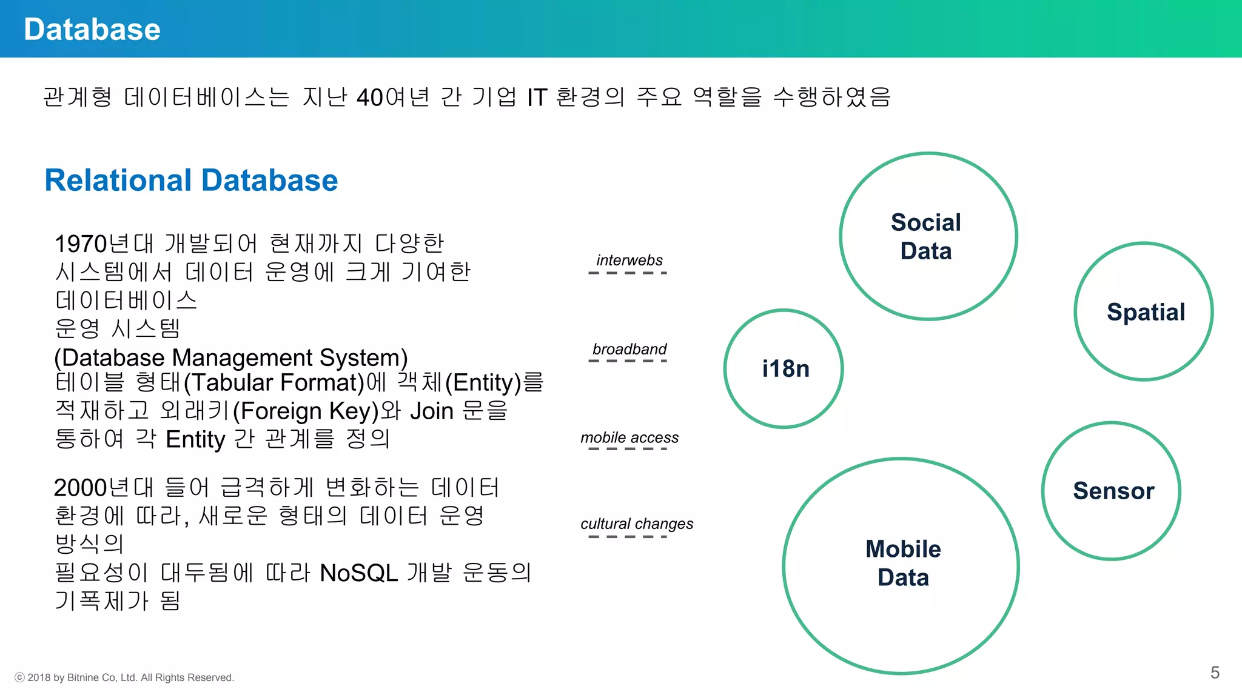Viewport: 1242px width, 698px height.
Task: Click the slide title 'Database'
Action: [92, 29]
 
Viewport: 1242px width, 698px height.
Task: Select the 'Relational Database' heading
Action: [191, 181]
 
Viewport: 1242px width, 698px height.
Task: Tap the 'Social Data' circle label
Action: [926, 236]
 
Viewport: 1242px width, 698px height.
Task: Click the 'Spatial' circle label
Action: [1146, 312]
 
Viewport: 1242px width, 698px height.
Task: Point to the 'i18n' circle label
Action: [785, 368]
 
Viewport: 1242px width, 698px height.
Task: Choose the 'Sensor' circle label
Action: [1113, 491]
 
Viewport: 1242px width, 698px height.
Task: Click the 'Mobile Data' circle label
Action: [903, 563]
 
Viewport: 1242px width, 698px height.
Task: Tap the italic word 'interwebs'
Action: [629, 260]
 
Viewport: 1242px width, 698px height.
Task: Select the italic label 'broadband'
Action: [629, 349]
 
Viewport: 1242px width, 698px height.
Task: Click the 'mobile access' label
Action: [629, 437]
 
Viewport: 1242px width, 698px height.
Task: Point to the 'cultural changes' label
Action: [637, 523]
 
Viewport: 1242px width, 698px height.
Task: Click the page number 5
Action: [1215, 673]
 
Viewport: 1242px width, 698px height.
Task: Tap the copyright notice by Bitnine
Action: [124, 677]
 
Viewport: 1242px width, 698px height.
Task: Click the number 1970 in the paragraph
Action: [80, 244]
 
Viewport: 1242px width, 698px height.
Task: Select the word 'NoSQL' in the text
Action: [358, 573]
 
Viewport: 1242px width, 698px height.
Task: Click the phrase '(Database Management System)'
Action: [230, 357]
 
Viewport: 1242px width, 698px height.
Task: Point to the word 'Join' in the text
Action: [432, 411]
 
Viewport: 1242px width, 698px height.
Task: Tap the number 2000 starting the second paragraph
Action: [79, 488]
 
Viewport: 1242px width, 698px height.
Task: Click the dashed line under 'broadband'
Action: [628, 361]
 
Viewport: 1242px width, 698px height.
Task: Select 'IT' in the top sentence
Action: [537, 98]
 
